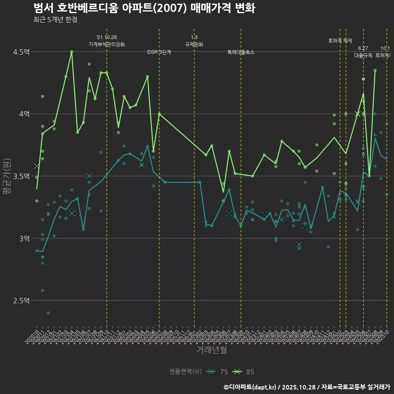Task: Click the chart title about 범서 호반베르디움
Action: [144, 8]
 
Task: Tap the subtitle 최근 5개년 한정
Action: [55, 20]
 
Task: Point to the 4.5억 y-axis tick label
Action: [22, 52]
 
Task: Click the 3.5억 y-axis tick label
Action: [22, 176]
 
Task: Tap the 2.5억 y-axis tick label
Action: [22, 301]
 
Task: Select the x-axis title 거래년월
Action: [211, 350]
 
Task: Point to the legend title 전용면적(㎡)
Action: [186, 372]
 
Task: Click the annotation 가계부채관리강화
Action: [106, 44]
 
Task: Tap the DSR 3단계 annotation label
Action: [159, 52]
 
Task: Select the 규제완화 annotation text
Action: [194, 44]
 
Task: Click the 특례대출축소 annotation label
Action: [241, 52]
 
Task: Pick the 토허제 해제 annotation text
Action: [340, 41]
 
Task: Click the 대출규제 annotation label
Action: [363, 55]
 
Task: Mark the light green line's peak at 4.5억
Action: [71, 52]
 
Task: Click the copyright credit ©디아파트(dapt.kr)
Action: [250, 387]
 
